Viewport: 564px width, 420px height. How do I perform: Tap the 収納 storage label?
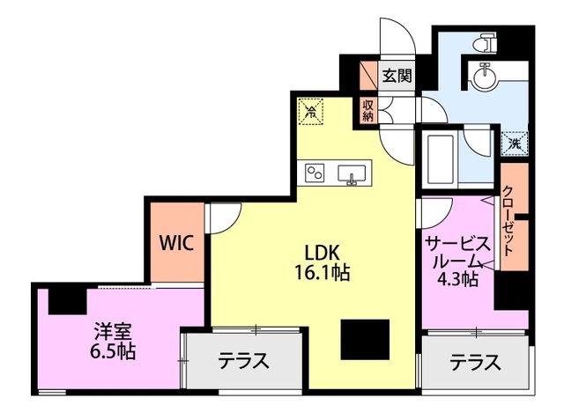368,110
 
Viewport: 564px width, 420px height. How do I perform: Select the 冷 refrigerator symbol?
311,111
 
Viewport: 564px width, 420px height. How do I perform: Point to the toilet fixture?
484,45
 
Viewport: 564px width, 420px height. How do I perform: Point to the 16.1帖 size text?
323,272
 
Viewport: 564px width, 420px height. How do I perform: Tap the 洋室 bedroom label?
114,333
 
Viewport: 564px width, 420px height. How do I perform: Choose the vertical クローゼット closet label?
509,221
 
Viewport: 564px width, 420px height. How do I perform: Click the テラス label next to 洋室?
243,361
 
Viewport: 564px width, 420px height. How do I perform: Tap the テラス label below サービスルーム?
475,361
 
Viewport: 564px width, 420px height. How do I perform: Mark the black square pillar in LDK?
363,338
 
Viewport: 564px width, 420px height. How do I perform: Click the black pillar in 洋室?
65,298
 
